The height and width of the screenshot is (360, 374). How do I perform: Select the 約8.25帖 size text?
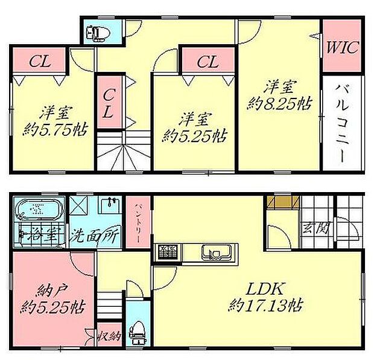[x=279, y=104]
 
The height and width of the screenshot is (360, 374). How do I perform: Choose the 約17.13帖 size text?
[x=265, y=305]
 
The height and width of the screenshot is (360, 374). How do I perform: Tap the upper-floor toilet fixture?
[x=97, y=32]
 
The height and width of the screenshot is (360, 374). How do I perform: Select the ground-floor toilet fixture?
[x=138, y=330]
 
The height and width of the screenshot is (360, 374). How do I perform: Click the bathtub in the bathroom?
[x=39, y=210]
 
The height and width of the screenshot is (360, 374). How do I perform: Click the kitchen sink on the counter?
[x=214, y=251]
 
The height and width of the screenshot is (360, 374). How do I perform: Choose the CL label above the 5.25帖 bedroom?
[x=207, y=62]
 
